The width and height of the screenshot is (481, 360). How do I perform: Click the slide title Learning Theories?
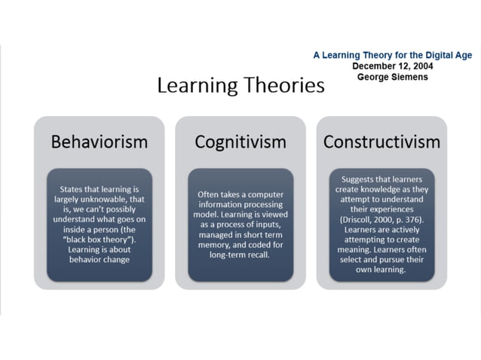coord(240,85)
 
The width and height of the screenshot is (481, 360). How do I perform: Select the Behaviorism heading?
coord(99,142)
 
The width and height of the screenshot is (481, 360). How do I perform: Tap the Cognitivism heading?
coord(240,142)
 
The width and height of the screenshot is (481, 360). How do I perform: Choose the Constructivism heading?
coord(381,142)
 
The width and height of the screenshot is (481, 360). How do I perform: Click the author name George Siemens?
coord(392,77)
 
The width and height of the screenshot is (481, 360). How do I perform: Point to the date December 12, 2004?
coord(392,66)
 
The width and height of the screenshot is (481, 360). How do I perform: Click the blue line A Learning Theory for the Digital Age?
coord(392,55)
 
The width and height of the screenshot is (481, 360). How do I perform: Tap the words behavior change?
coord(99,260)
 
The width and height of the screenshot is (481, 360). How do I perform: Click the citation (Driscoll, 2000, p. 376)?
coord(382,219)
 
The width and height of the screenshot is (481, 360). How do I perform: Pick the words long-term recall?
coord(240,255)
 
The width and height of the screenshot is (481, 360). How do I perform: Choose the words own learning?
coord(381,270)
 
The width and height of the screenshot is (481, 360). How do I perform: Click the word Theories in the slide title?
coord(286,85)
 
